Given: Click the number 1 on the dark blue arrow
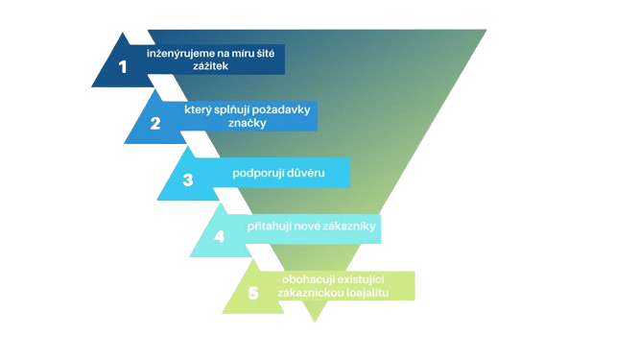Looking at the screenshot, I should [122, 66].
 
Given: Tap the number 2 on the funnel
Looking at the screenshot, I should [155, 123].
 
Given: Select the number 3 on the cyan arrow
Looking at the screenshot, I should [188, 180].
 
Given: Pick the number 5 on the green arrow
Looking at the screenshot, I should [252, 293].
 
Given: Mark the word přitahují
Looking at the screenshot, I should [272, 228].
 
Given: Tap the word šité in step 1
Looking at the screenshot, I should [262, 51].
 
